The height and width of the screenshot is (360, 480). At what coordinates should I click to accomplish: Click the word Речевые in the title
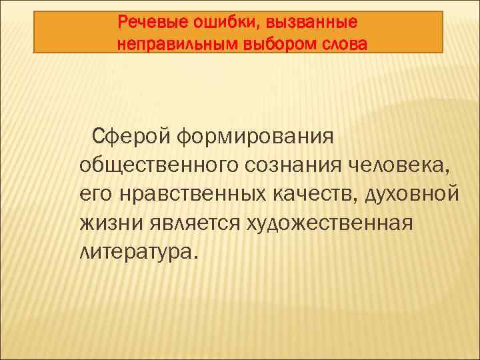tap(151, 23)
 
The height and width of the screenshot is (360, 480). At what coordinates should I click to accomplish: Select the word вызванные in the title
tap(311, 23)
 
